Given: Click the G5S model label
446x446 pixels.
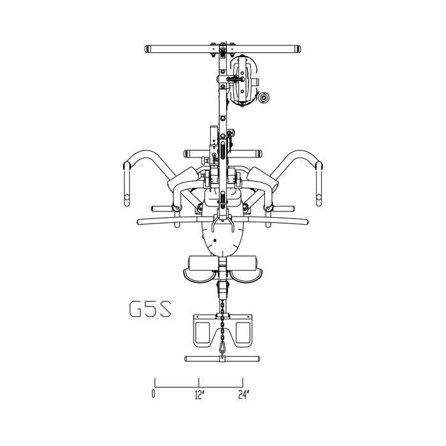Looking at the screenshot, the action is tap(150, 309).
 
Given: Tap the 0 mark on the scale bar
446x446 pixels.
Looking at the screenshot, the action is tap(154, 395).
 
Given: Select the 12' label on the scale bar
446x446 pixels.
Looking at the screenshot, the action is tap(199, 395).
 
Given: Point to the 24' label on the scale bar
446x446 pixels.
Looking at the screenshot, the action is tap(244, 395).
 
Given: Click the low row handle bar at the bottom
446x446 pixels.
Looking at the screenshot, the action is tap(222, 359).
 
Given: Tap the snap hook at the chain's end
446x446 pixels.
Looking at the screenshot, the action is tap(222, 348).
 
